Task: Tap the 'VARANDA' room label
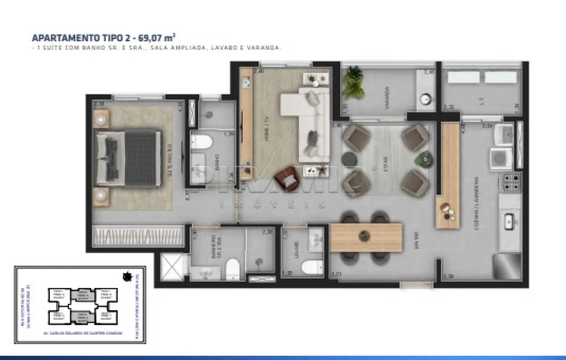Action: [387, 91]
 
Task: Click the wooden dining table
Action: [366, 237]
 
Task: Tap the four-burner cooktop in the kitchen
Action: [509, 182]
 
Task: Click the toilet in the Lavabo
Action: [310, 267]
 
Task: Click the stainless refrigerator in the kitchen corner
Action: [507, 266]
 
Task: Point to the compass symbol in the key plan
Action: [128, 276]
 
